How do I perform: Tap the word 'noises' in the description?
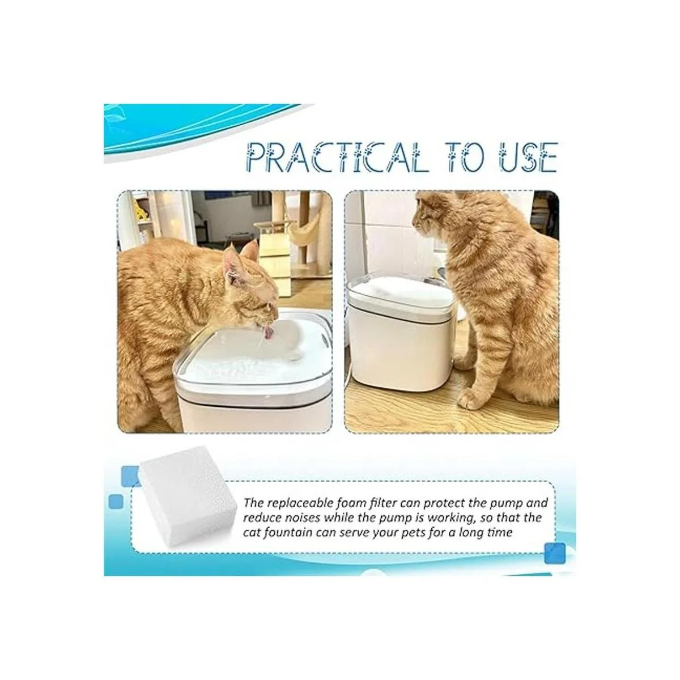tap(301, 517)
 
